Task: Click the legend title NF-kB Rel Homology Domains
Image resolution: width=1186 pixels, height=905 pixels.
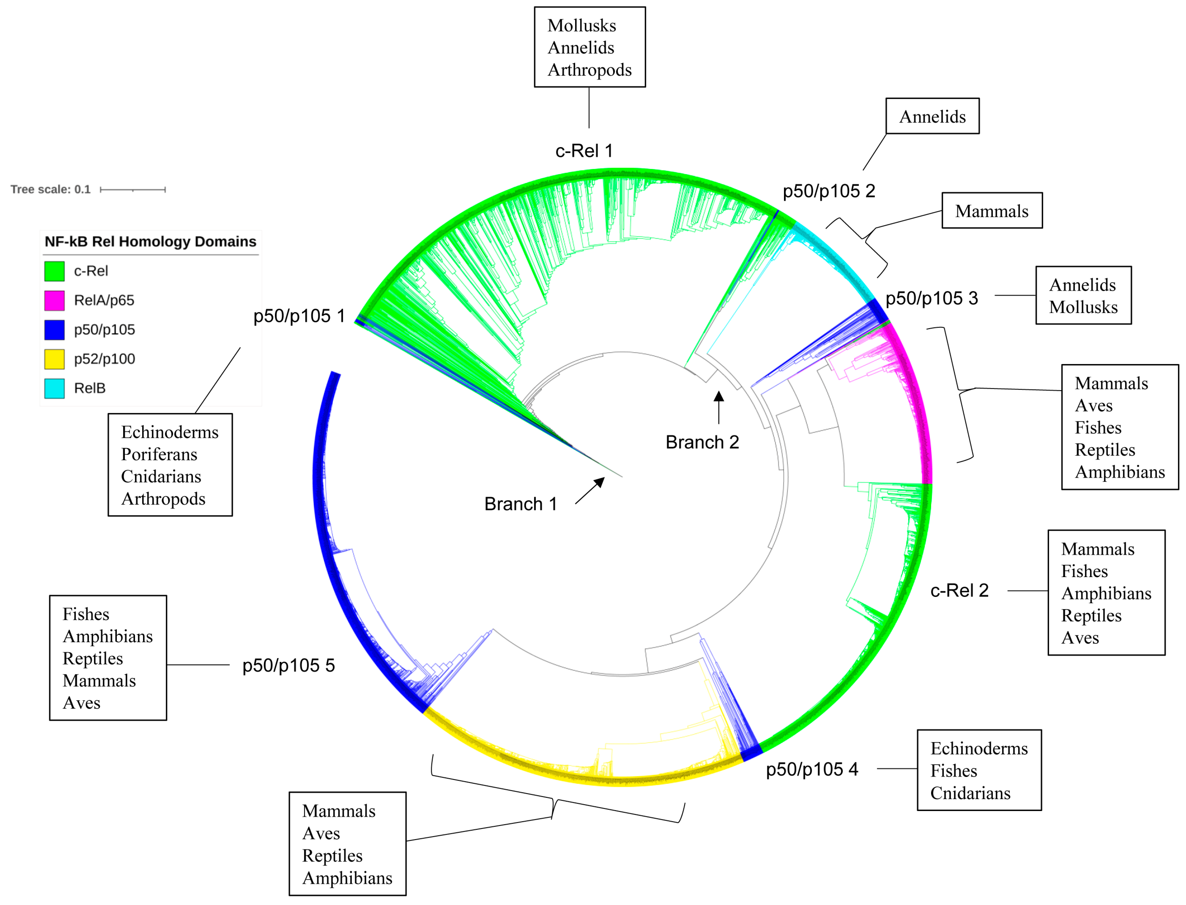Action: pyautogui.click(x=150, y=241)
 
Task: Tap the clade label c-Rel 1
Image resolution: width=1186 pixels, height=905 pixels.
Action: pyautogui.click(x=584, y=151)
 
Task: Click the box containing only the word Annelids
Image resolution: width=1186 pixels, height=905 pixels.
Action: pyautogui.click(x=932, y=116)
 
